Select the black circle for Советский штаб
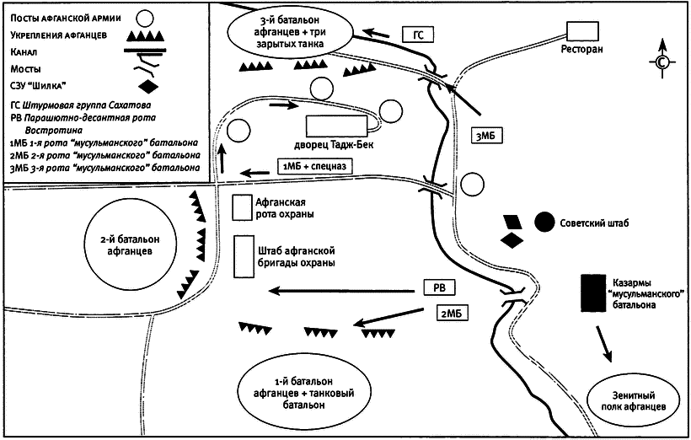pos(544,222)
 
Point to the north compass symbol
pos(662,62)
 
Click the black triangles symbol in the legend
pos(147,35)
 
